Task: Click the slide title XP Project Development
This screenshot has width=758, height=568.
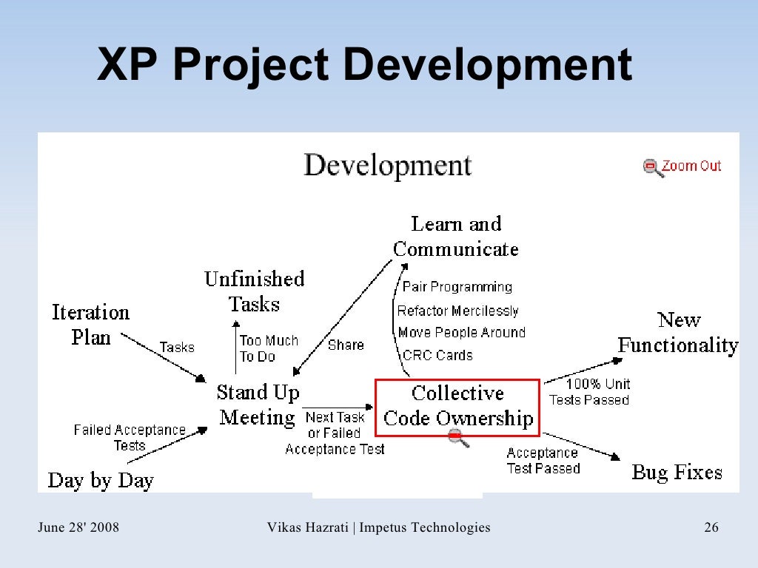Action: click(x=364, y=65)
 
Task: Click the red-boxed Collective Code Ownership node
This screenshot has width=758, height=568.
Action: click(x=457, y=406)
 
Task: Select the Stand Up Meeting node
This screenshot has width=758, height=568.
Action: click(x=258, y=405)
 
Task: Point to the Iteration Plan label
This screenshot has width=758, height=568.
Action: click(x=90, y=325)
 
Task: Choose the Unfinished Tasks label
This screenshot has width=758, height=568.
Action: click(x=254, y=291)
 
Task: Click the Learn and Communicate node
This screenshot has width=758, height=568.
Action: click(x=456, y=236)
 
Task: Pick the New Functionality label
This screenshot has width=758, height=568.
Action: click(x=678, y=333)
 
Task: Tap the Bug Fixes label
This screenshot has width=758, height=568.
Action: click(x=677, y=473)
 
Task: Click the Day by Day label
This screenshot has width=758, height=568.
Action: click(x=101, y=480)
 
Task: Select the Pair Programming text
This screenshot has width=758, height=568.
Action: click(x=457, y=287)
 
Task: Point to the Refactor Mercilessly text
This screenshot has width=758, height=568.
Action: click(x=457, y=311)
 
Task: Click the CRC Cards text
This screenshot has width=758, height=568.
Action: click(x=437, y=356)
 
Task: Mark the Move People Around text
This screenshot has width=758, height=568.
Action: click(x=461, y=333)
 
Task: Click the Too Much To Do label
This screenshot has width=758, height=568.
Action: click(x=268, y=348)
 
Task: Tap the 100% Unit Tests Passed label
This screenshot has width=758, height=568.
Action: click(x=589, y=392)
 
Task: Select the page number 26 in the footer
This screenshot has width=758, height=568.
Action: click(x=711, y=527)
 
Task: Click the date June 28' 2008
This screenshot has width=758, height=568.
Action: click(x=78, y=527)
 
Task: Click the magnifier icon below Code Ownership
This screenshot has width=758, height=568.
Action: click(x=459, y=439)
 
